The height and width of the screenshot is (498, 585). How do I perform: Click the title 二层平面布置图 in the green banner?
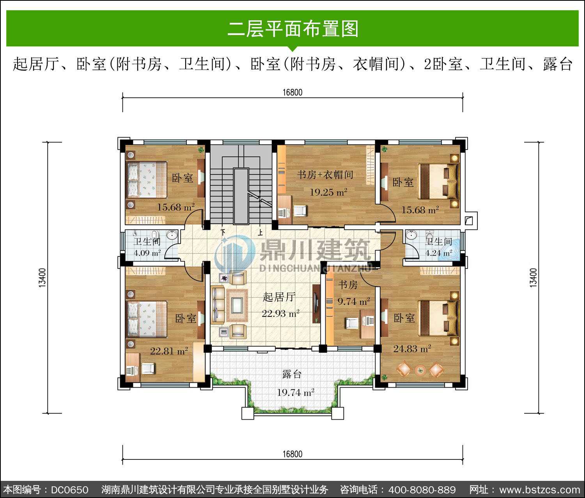293,28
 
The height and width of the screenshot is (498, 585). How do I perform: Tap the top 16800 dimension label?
292,92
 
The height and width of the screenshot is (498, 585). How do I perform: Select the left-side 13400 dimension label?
42,278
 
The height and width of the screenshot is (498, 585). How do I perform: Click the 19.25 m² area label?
328,192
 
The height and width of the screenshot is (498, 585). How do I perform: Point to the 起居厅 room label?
279,297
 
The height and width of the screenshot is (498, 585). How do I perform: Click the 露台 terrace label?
292,374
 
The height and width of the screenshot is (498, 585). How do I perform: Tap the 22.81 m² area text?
169,351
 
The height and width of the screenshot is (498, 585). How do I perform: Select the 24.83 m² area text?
412,349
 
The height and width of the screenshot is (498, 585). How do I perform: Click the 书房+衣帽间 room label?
325,175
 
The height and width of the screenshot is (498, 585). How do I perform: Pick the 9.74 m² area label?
354,301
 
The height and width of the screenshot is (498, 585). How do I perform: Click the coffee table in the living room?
237,305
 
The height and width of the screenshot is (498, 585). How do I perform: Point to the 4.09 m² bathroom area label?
147,253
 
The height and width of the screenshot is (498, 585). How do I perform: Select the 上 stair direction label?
261,233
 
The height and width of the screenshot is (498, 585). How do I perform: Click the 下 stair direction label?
223,233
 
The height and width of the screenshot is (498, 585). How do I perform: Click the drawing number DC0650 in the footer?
70,489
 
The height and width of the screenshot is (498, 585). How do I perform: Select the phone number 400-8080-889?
422,489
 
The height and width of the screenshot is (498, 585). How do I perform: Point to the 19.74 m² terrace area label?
296,392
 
